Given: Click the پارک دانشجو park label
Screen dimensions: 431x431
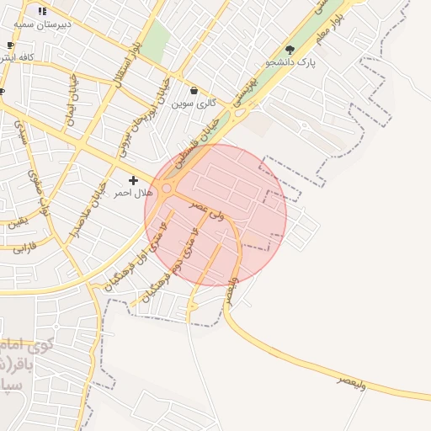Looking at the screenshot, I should [x=290, y=62].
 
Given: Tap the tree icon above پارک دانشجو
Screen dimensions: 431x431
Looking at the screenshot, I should [x=290, y=51].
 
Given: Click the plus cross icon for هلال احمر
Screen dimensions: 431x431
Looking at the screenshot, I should [x=133, y=180].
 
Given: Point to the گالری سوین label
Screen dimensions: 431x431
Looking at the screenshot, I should [x=194, y=104].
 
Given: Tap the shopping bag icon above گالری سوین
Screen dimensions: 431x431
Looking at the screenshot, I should [x=194, y=91].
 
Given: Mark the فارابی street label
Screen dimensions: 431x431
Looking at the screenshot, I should [x=24, y=248].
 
